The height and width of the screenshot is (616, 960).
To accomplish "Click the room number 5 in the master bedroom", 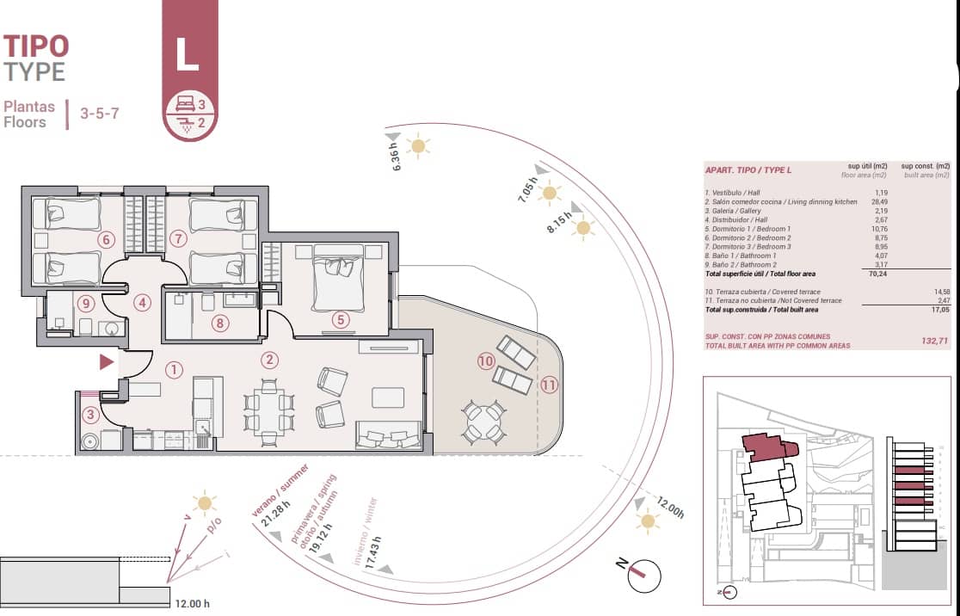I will [x=341, y=320].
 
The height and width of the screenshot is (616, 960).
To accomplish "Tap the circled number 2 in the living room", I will [x=270, y=360].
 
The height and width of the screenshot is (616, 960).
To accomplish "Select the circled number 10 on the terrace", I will [x=486, y=362].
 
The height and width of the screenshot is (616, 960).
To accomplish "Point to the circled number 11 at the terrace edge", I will [x=549, y=385].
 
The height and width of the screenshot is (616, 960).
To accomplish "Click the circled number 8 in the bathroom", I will [x=220, y=323].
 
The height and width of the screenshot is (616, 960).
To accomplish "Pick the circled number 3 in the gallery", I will [x=91, y=415].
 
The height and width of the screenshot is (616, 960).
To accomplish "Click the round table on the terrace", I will [x=483, y=422].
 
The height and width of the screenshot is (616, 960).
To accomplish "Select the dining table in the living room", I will [x=268, y=411].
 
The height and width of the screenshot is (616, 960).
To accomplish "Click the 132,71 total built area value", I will [x=935, y=342].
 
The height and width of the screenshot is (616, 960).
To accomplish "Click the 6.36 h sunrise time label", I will [x=397, y=157].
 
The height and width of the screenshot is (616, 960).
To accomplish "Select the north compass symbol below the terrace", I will [x=643, y=573].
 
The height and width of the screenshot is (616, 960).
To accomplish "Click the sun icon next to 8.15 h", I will [x=584, y=228].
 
